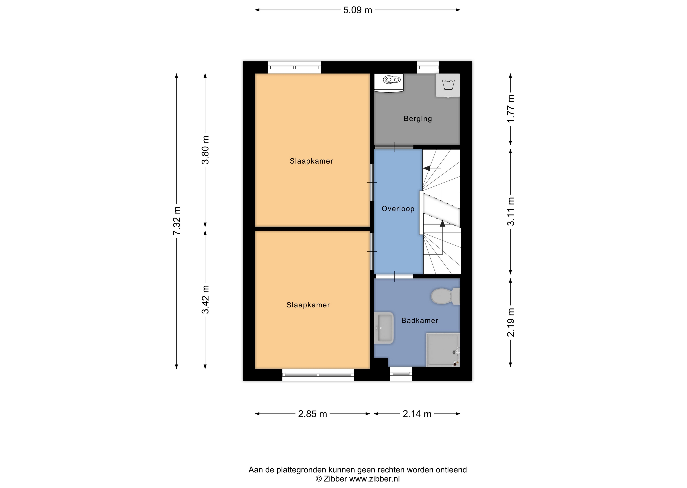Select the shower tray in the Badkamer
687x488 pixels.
coord(443,349)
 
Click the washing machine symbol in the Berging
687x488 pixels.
coord(448,85)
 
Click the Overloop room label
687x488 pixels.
coord(398,209)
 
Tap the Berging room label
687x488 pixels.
coord(418,119)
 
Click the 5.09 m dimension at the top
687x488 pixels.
coord(358,10)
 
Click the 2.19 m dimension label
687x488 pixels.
coord(511,322)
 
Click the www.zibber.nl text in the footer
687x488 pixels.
coord(374,479)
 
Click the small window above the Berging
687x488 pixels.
coord(428,67)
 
